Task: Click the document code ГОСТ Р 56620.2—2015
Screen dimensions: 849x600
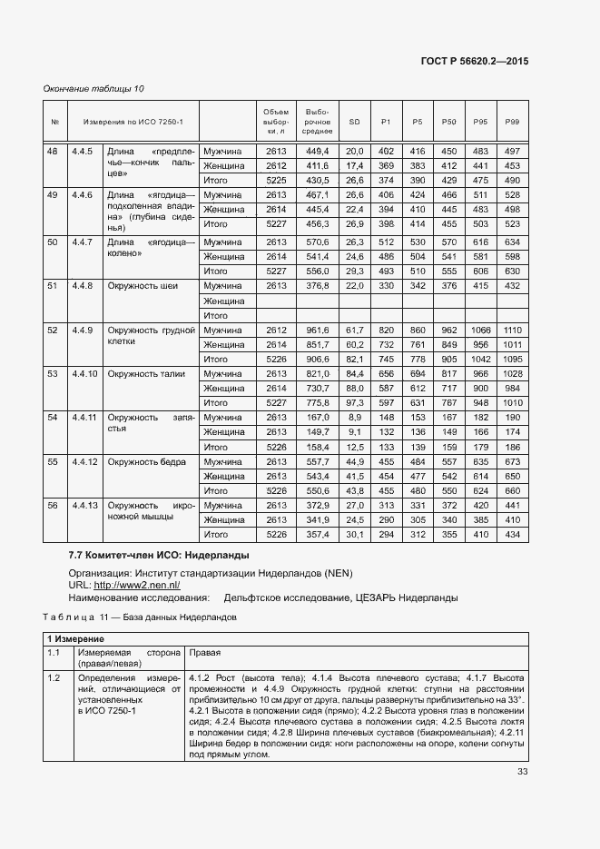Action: [475, 61]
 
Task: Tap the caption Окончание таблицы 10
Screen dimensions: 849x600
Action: [94, 88]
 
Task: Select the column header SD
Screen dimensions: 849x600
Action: [354, 122]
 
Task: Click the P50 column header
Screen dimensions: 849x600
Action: [448, 122]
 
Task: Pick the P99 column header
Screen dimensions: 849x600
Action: [512, 122]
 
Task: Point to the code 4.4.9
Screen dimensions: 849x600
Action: [84, 330]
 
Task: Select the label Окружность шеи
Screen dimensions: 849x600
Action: [143, 286]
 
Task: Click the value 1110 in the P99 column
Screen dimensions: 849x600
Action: [513, 330]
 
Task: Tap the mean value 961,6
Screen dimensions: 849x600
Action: [316, 330]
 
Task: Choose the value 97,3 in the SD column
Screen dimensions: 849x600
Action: [354, 402]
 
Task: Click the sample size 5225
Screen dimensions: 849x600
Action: [276, 181]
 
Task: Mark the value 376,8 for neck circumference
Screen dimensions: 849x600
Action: [316, 286]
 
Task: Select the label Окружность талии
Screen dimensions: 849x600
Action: [146, 373]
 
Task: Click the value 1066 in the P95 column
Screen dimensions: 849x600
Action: [480, 330]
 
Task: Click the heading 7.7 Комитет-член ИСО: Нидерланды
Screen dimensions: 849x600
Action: [159, 555]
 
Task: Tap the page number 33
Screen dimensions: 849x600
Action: [522, 772]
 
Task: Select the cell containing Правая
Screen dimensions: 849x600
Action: [202, 653]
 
